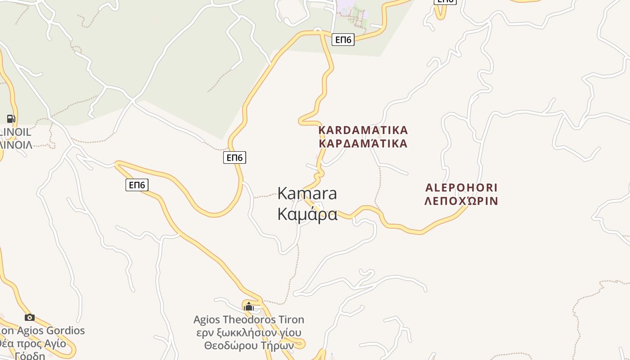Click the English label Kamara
pos(307,193)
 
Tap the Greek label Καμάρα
pos(307,214)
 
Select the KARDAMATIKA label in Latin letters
pos(363,130)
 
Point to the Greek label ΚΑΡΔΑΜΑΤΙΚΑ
pos(363,144)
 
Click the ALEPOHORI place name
pos(461,188)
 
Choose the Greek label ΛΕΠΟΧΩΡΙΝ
pos(461,201)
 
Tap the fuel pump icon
pos(11,119)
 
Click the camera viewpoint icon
pos(30,318)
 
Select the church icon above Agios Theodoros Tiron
pos(248,307)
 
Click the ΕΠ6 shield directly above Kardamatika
pos(343,40)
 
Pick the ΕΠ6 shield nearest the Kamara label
pos(235,157)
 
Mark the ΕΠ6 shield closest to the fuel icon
pos(137,185)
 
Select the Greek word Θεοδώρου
pos(231,346)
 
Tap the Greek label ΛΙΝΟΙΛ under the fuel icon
pos(16,145)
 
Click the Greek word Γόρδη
pos(30,356)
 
